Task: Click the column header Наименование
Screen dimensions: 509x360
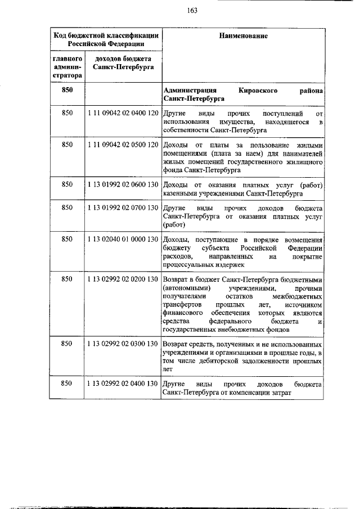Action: [x=244, y=36]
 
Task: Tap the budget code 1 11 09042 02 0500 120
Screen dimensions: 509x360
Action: [x=122, y=145]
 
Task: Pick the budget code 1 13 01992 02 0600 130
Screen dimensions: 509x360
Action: [x=122, y=184]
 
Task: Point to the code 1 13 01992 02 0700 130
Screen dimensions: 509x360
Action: [x=122, y=208]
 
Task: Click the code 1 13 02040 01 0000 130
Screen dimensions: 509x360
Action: [x=122, y=240]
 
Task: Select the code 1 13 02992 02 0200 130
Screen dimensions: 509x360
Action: [x=122, y=279]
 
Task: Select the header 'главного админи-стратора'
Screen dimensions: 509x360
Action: [x=67, y=66]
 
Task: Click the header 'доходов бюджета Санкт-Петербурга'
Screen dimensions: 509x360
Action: [x=122, y=62]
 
